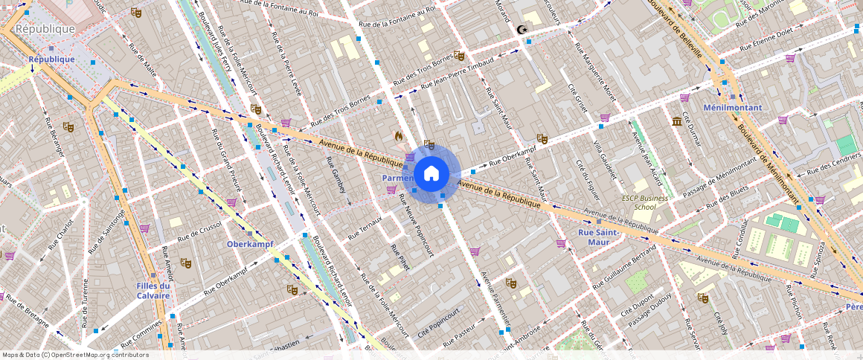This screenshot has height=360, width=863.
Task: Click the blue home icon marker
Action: [x=431, y=174]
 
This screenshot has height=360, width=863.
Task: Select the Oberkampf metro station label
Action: [x=251, y=244]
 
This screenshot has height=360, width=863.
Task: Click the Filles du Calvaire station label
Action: [x=154, y=290]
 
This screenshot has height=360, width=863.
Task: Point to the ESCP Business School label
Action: [x=645, y=202]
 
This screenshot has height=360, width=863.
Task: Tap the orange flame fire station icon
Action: [x=399, y=137]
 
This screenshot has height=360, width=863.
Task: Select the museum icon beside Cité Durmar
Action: [x=677, y=121]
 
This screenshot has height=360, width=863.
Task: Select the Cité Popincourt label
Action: [x=438, y=324]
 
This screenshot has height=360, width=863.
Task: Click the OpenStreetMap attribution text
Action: [x=75, y=355]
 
